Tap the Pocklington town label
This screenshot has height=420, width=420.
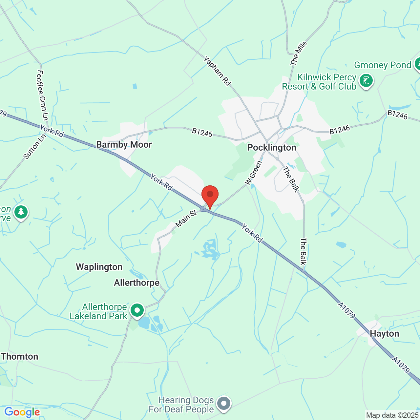click(x=271, y=148)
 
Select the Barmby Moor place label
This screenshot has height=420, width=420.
click(x=124, y=145)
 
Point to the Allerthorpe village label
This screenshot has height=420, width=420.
click(x=136, y=283)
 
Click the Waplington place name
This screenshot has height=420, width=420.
click(x=99, y=267)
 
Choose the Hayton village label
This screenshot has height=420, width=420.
click(x=384, y=334)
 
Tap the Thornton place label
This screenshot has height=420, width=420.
click(x=20, y=357)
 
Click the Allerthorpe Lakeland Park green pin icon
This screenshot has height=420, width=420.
click(x=137, y=310)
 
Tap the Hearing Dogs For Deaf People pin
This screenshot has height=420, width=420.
click(x=224, y=403)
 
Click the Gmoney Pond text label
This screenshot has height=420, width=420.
click(x=382, y=65)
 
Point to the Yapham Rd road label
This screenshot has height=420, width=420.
click(x=217, y=71)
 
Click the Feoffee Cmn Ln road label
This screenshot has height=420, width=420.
click(x=43, y=95)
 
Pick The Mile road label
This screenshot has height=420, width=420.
click(x=299, y=53)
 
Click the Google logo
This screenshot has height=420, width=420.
click(x=22, y=412)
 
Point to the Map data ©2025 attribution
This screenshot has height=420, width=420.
click(x=392, y=415)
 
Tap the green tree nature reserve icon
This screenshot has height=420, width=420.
click(x=21, y=212)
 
